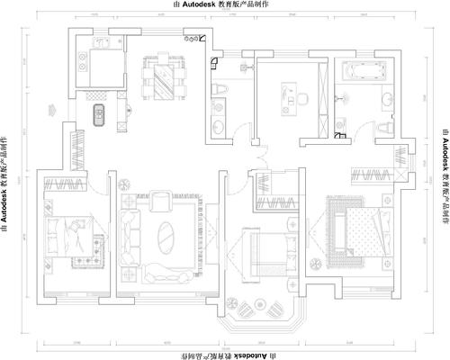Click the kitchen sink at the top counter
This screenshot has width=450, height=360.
(100, 42)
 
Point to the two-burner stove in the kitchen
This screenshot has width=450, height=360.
(188, 41)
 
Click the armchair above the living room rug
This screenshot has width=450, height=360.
(158, 200)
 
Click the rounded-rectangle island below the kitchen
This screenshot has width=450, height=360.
(101, 114)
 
